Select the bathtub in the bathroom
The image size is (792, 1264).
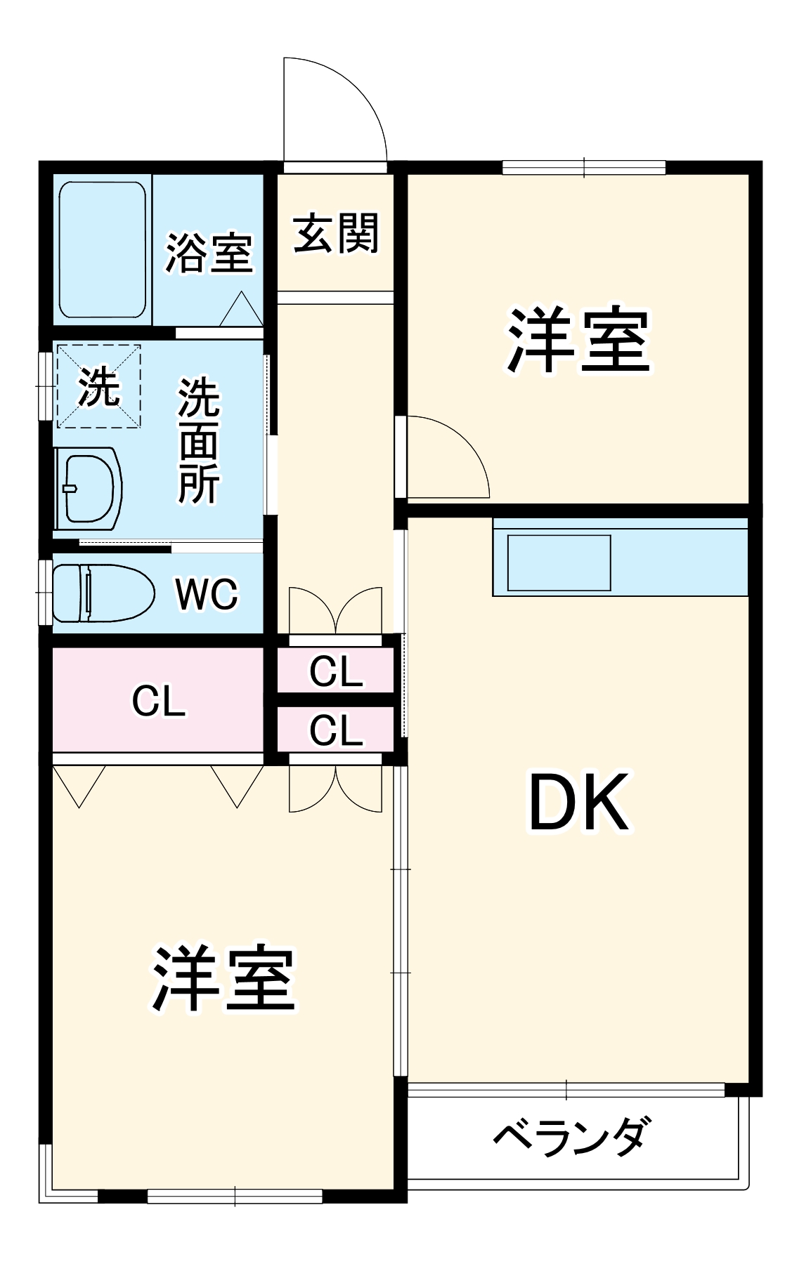coord(103,249)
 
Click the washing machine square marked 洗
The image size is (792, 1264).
coord(98,386)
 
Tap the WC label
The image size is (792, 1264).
coord(207,594)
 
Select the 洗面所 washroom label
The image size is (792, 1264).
coord(199,441)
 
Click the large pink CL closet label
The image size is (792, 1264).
coord(159,700)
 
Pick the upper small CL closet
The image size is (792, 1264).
coord(336,671)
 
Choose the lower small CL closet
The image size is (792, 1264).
coord(336,730)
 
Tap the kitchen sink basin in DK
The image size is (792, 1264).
coord(559,562)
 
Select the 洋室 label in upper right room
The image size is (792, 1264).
coord(578,339)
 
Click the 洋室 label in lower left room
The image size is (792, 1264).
coord(223,977)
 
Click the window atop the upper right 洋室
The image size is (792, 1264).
coord(584,168)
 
